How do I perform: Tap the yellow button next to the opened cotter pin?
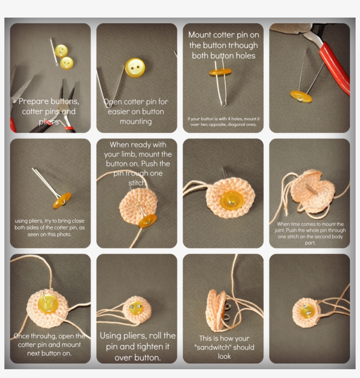135,67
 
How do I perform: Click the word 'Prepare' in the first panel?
33,102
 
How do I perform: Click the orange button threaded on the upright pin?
220,72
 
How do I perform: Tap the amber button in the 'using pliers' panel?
62,200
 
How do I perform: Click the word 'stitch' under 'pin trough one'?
137,182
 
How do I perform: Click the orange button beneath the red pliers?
301,96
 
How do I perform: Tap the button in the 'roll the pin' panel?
136,308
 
